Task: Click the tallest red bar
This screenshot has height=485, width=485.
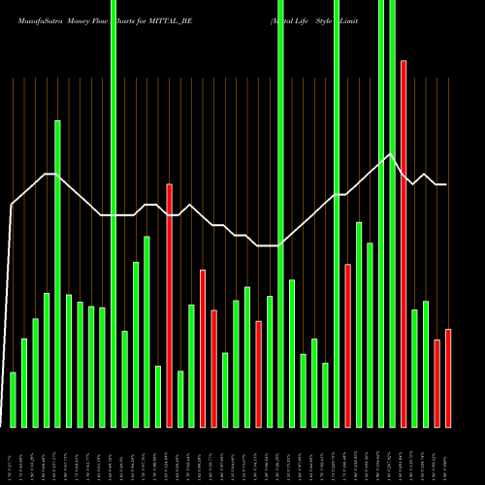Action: (x=404, y=242)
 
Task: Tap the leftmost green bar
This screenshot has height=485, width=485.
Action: (x=13, y=399)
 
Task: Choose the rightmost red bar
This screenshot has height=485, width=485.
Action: (x=448, y=377)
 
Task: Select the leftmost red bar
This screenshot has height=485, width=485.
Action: (x=169, y=305)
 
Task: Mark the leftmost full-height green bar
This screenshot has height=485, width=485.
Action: (x=113, y=213)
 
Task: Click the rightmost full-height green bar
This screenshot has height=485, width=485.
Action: (x=393, y=213)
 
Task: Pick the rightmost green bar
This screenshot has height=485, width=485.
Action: (x=426, y=364)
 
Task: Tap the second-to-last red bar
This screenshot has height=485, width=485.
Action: (x=437, y=383)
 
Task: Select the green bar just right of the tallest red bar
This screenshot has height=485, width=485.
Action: (x=415, y=368)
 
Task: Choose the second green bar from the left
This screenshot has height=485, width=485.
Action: (x=24, y=382)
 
